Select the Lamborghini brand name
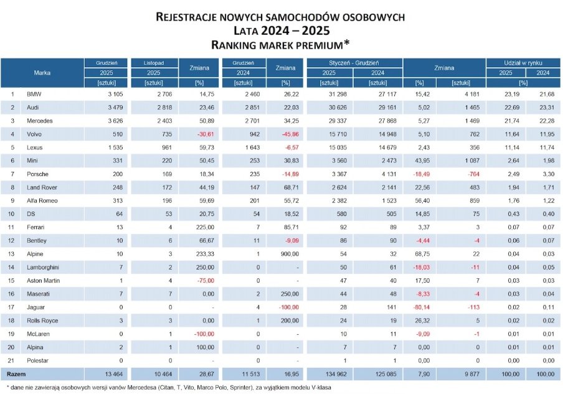[42, 266]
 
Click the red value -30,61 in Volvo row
[204, 134]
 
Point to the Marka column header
[42, 73]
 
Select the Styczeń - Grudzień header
[354, 63]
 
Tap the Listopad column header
[154, 63]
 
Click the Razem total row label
[17, 373]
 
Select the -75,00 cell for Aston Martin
[204, 280]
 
